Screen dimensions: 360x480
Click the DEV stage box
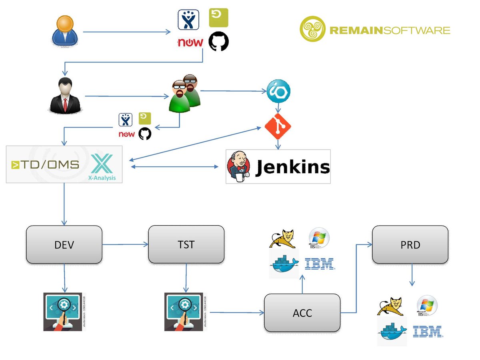(64, 244)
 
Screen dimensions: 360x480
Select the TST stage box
(186, 244)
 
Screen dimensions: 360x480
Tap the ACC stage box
(302, 312)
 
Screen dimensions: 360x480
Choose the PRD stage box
(410, 244)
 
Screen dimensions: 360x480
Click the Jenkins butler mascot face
(238, 166)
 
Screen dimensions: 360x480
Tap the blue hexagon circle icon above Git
(278, 92)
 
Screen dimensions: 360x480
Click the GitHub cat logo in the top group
(218, 41)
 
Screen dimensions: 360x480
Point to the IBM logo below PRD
(427, 331)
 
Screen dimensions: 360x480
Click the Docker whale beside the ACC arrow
(284, 264)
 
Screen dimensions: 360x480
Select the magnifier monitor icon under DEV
(64, 312)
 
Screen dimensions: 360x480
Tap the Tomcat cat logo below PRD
(390, 306)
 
